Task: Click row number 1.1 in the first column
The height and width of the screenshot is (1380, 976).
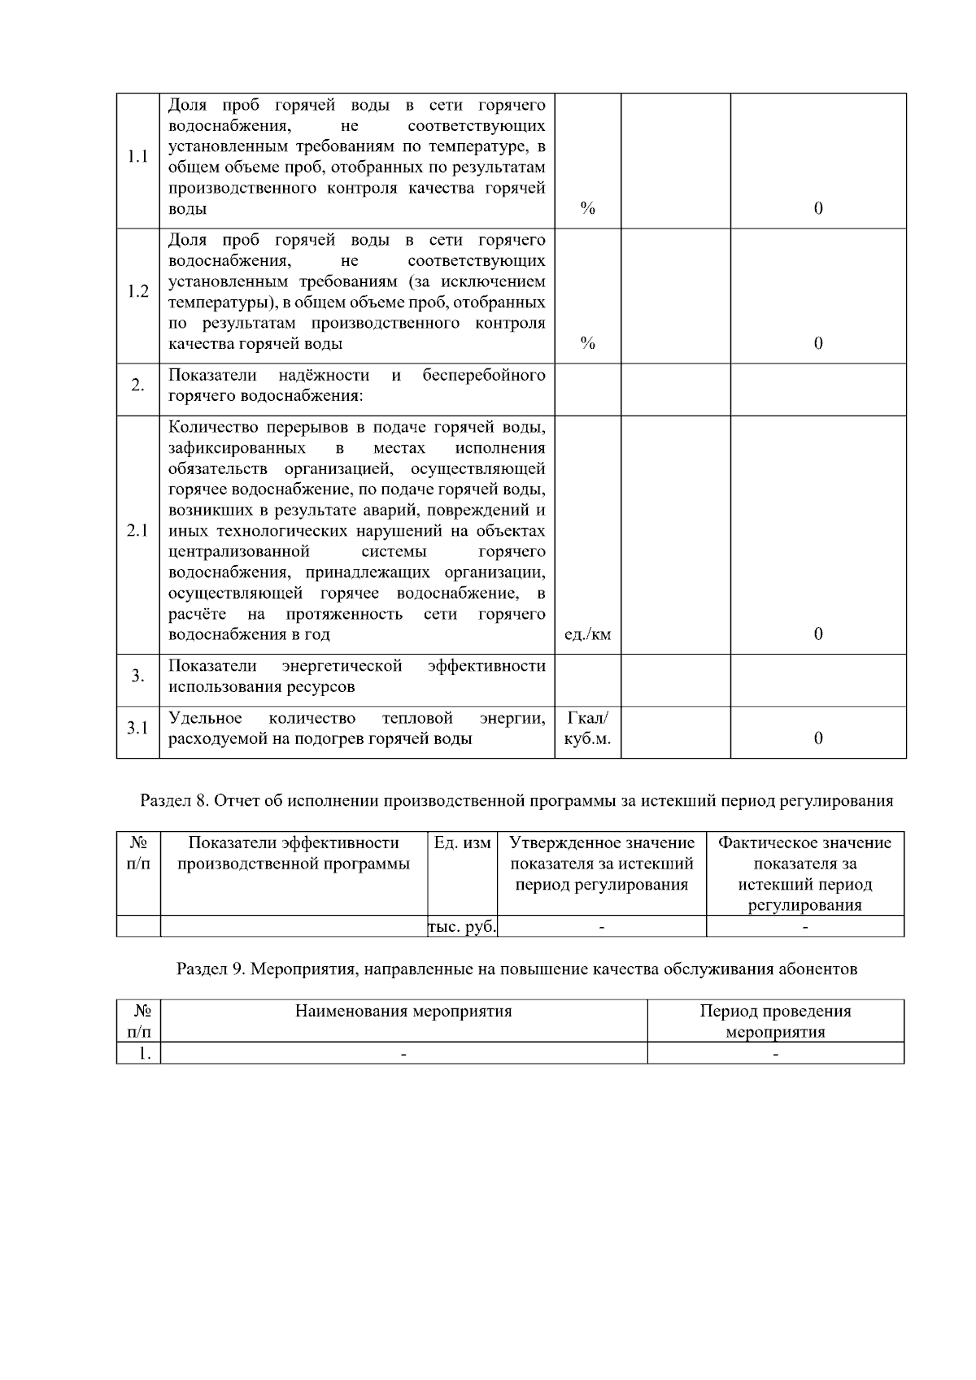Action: point(137,157)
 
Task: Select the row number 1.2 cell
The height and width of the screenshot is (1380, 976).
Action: point(137,292)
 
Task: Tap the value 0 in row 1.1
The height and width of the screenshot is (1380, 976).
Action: point(817,208)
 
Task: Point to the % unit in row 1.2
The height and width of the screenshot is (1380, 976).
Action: point(587,343)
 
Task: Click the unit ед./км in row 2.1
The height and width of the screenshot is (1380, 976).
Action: point(587,634)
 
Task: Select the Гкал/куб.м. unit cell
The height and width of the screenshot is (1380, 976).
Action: point(587,729)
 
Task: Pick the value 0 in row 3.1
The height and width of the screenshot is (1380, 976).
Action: point(817,738)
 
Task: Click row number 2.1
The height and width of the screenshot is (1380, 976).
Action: point(137,531)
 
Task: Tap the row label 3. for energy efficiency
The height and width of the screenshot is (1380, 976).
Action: point(137,676)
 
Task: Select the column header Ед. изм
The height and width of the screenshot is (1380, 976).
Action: point(462,843)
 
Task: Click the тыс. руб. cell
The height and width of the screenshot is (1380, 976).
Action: point(462,927)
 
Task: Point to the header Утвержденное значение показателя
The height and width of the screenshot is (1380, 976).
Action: point(601,864)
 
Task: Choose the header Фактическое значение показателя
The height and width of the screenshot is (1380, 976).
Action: point(804,873)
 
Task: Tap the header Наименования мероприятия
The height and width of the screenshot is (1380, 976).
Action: point(403,1012)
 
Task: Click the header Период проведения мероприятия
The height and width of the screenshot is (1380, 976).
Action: point(775,1021)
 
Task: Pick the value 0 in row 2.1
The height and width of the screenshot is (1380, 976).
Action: point(817,634)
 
